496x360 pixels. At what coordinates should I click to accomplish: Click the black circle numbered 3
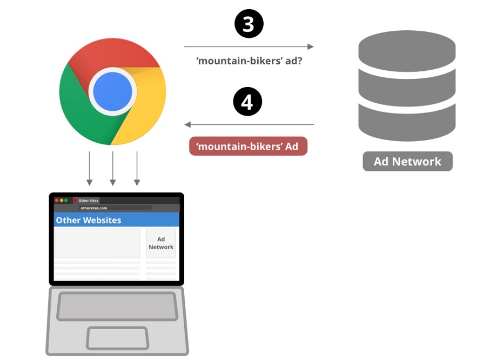248,24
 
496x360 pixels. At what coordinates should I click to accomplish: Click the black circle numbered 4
247,102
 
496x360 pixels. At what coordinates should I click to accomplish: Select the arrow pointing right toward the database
249,47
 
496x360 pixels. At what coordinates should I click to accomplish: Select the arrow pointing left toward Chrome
249,125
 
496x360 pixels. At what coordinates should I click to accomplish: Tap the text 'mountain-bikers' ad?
249,61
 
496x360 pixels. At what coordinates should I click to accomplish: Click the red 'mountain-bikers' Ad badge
248,146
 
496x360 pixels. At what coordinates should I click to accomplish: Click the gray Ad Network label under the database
407,161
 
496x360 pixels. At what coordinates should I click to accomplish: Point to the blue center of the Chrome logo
112,91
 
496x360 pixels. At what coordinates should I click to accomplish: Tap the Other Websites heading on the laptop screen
89,220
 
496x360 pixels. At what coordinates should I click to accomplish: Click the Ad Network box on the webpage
161,243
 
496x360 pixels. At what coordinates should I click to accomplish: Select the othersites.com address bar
115,208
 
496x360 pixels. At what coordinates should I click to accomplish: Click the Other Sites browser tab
88,201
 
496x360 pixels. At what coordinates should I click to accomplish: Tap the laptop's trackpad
117,338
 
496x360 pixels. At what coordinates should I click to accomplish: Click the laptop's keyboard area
117,306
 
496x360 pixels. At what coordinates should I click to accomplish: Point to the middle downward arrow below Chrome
113,168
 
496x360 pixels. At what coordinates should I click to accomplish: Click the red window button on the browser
57,201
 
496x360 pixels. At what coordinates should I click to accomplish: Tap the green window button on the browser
66,201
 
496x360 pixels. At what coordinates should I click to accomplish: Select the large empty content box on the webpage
97,243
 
